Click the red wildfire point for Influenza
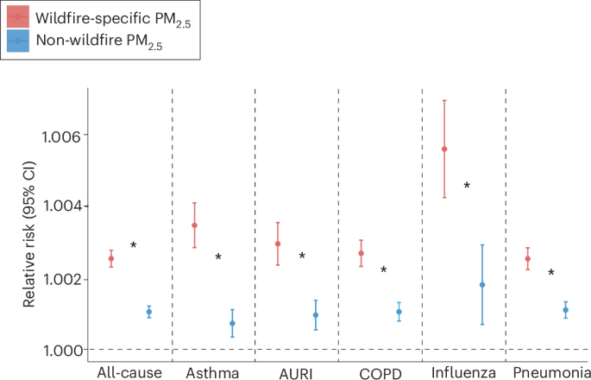pyautogui.click(x=444, y=149)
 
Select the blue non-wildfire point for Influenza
pyautogui.click(x=482, y=285)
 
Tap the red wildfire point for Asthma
pyautogui.click(x=194, y=225)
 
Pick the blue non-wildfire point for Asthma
pyautogui.click(x=232, y=324)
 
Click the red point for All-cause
pyautogui.click(x=111, y=259)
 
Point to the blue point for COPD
pyautogui.click(x=399, y=312)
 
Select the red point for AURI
pyautogui.click(x=278, y=244)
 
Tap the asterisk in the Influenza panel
pyautogui.click(x=467, y=186)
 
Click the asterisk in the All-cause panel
pyautogui.click(x=134, y=246)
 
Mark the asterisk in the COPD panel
pyautogui.click(x=383, y=270)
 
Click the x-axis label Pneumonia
pyautogui.click(x=548, y=372)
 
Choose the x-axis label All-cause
pyautogui.click(x=127, y=372)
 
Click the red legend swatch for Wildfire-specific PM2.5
pyautogui.click(x=17, y=16)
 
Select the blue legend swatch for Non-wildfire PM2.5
pyautogui.click(x=17, y=40)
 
